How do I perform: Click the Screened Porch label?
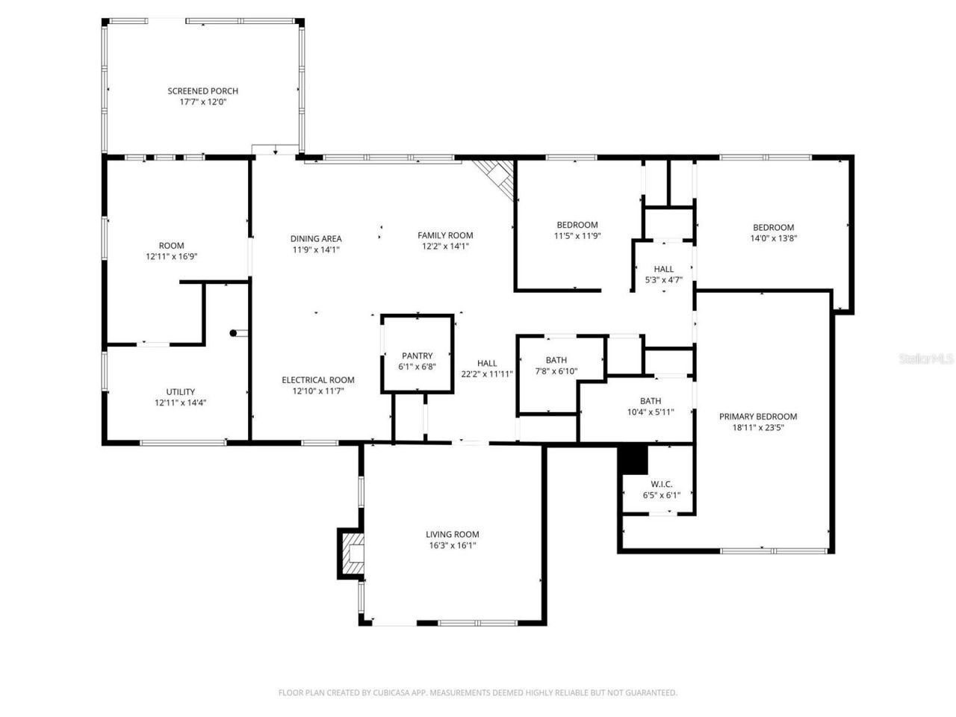[202, 91]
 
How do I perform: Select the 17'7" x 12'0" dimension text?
[202, 102]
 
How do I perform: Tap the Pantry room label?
[417, 356]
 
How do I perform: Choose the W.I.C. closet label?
[657, 484]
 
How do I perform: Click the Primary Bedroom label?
[757, 417]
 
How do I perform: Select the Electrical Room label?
[317, 379]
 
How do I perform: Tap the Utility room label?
[180, 391]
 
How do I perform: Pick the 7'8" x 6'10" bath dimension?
[556, 371]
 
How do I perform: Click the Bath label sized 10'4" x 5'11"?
[650, 401]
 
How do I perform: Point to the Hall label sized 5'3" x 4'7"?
[663, 269]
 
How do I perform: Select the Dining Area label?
[316, 239]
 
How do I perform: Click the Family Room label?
[445, 235]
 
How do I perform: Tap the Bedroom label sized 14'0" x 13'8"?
[773, 228]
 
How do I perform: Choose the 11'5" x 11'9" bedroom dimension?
[577, 236]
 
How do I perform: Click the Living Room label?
[452, 534]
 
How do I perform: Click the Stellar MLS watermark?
[926, 359]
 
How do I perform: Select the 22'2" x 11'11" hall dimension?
[487, 374]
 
